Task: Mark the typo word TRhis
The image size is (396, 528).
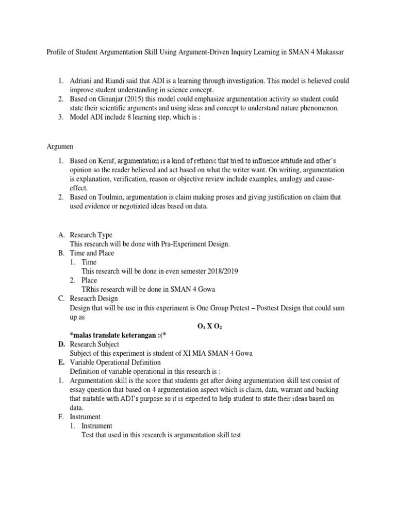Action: [91, 289]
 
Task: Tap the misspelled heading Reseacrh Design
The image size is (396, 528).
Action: [94, 299]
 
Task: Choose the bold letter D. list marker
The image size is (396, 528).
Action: [61, 344]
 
